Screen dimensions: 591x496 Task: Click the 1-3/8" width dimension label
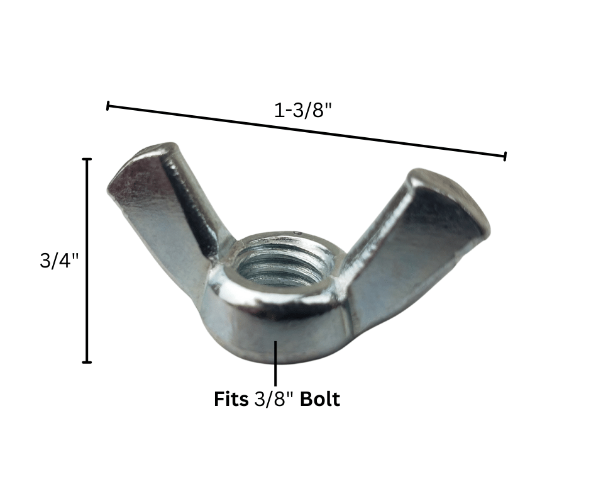[302, 111]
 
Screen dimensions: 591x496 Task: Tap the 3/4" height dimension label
[59, 260]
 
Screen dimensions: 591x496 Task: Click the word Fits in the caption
[231, 399]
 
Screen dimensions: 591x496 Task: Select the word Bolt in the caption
[320, 399]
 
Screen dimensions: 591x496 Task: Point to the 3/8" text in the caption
[274, 399]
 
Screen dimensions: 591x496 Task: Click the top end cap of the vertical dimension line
[87, 159]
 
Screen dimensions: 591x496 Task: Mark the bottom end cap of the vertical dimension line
[87, 363]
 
